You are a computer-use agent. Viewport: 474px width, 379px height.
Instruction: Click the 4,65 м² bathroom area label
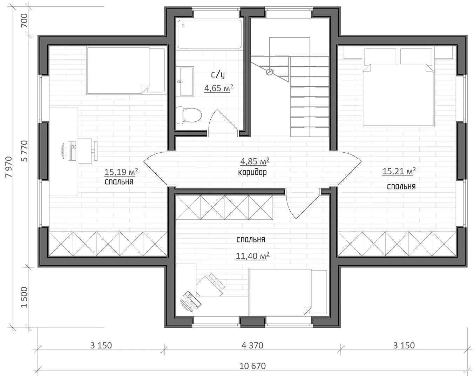218,88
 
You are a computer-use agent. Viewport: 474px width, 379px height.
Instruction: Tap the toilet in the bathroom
189,115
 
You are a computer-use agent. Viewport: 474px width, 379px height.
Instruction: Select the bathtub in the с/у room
209,34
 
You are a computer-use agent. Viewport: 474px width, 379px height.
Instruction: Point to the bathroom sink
187,81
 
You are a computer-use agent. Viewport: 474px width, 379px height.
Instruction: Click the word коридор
252,172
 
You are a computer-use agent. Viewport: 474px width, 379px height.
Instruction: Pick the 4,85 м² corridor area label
255,161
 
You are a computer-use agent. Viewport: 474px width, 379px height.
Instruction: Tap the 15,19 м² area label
121,172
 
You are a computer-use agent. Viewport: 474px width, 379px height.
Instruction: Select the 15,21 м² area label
399,171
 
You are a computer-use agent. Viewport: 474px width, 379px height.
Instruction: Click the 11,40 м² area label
252,256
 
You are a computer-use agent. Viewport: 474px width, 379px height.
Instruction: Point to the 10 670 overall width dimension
252,366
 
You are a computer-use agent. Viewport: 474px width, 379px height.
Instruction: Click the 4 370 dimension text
252,345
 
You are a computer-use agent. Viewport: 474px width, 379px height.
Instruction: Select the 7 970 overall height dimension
9,167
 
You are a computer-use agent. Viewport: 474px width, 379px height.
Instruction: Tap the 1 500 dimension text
24,298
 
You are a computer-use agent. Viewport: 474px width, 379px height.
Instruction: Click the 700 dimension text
24,20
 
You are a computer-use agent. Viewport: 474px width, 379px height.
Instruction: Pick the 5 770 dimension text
24,151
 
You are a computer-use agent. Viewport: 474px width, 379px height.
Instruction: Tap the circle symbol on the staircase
269,72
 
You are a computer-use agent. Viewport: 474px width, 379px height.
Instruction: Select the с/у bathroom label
218,74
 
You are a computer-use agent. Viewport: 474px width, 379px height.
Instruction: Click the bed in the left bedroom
126,71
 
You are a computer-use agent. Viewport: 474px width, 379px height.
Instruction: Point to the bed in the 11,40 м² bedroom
287,292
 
